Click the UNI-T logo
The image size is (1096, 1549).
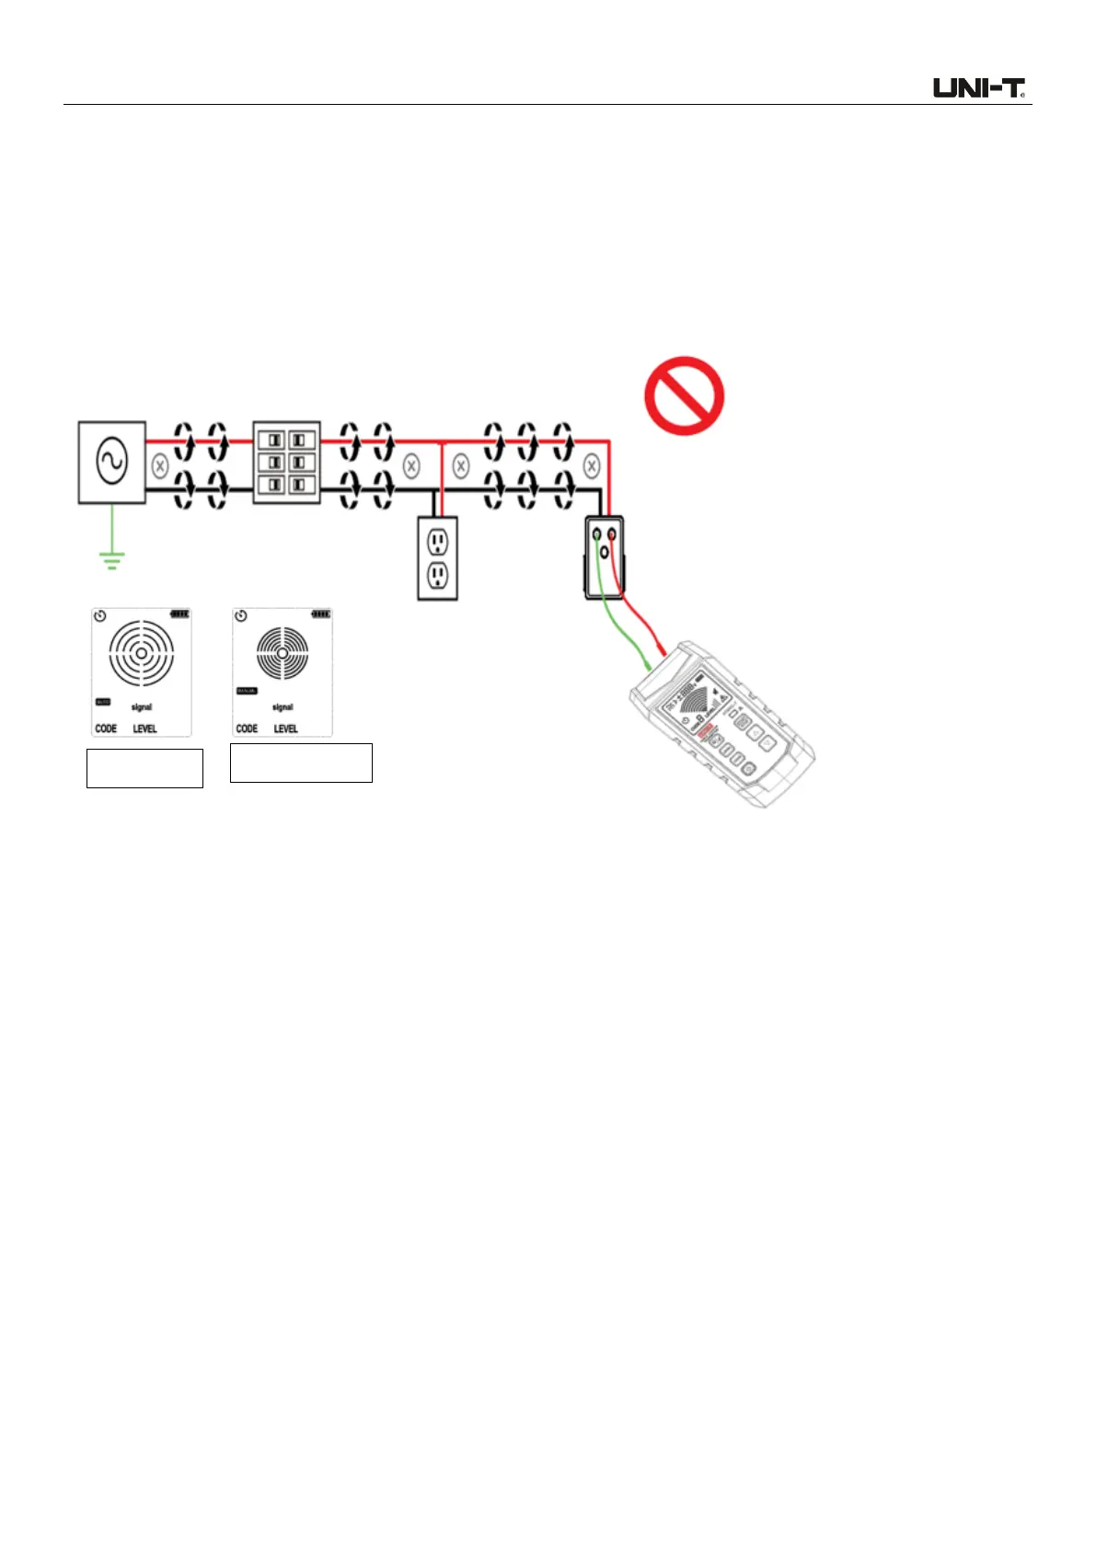(979, 88)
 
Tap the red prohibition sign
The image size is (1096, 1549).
(684, 396)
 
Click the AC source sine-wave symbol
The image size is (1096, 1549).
(111, 462)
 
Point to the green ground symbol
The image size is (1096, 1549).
(111, 560)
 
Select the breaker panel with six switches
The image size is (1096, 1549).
(286, 462)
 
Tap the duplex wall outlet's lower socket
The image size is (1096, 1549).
(438, 577)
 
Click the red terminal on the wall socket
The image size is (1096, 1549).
(611, 534)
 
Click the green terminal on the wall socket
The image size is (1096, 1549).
(596, 534)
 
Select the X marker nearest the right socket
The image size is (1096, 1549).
(592, 466)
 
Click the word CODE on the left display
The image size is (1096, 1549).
(106, 729)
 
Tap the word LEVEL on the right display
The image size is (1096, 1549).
(285, 729)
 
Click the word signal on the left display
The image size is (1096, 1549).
(141, 707)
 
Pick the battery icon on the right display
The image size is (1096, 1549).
(320, 614)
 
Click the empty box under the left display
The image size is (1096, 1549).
(144, 768)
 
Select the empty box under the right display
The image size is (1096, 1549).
(301, 763)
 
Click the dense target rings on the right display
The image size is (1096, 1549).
(282, 653)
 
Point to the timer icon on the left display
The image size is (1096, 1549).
(100, 615)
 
